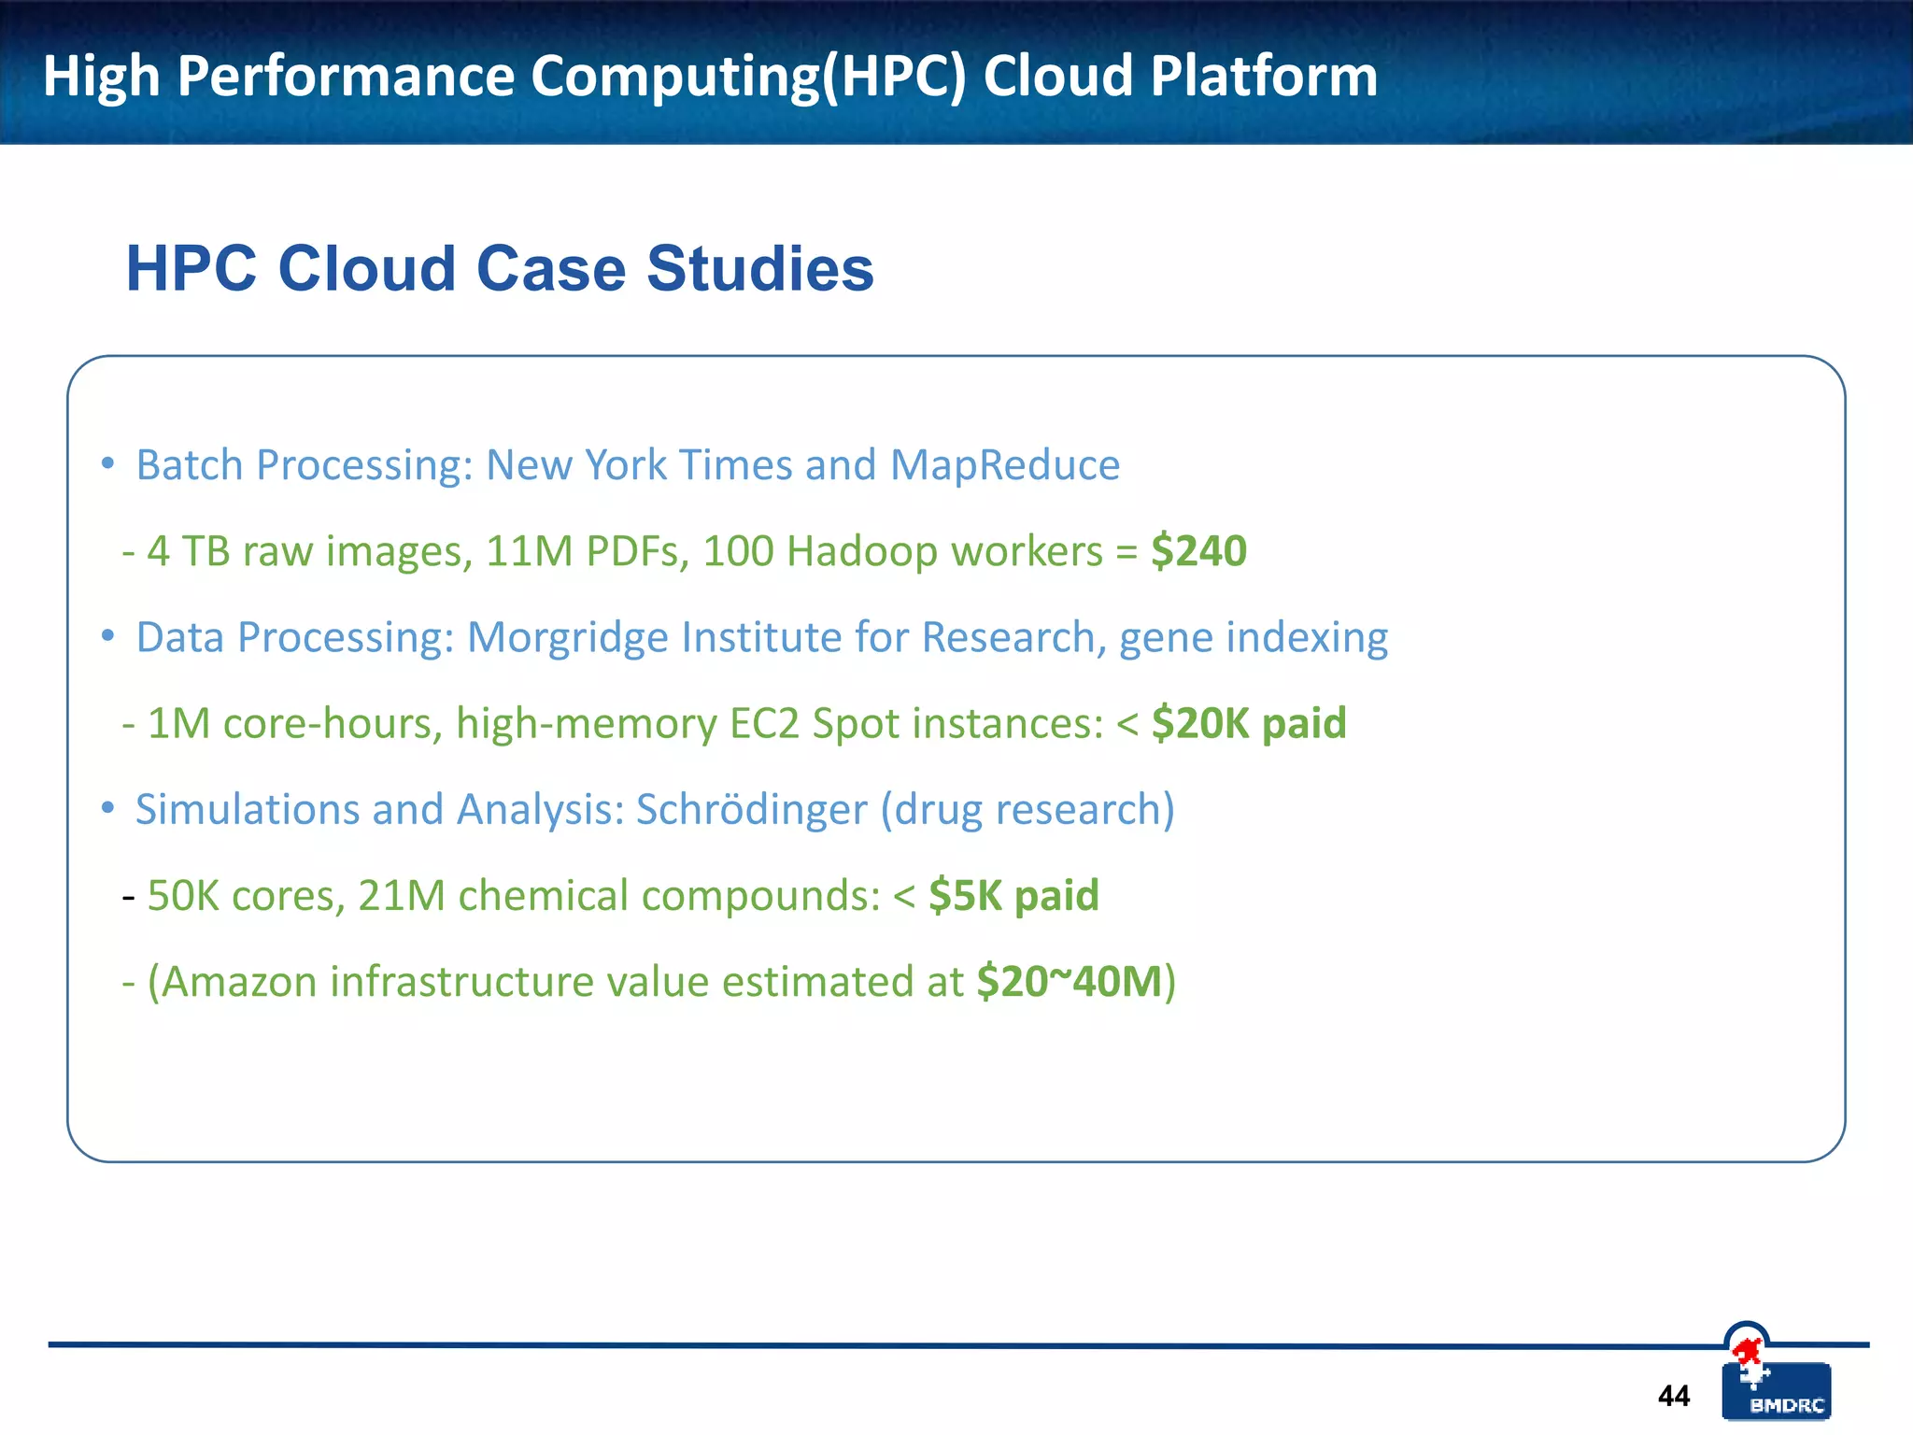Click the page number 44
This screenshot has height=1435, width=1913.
(1673, 1396)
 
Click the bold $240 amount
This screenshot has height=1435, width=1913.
(1198, 550)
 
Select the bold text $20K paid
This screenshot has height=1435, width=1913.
(1249, 723)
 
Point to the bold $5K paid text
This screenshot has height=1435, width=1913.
(1013, 895)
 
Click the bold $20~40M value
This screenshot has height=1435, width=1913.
(1070, 982)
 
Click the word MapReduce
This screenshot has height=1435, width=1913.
(1004, 465)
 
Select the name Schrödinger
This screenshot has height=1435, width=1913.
(751, 809)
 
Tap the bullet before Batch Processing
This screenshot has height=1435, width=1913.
(108, 463)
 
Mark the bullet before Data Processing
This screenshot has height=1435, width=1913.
(108, 636)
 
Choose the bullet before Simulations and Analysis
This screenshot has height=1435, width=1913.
(108, 808)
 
